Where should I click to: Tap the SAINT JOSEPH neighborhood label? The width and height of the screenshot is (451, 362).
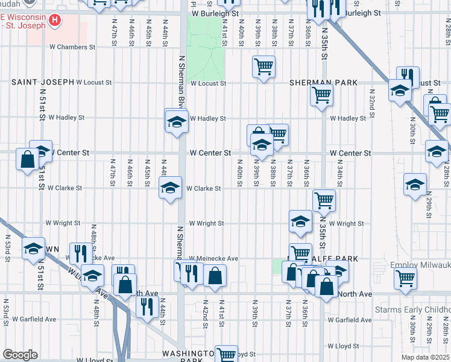pos(42,82)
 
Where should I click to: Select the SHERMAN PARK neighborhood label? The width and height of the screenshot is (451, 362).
pos(323,83)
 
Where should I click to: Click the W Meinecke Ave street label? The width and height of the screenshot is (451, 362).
pos(213,258)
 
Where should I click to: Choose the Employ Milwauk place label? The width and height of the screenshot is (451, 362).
pos(420,265)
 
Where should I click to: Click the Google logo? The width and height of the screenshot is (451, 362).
pos(20,355)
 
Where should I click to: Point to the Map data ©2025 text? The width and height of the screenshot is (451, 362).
pos(426,357)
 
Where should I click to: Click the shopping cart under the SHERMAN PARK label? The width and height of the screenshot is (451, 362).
pos(322,94)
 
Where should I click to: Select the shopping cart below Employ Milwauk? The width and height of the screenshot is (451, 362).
pos(406,278)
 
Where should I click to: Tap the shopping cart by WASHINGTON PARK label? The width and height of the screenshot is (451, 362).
pos(227,354)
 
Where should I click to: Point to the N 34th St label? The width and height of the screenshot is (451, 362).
pos(340,168)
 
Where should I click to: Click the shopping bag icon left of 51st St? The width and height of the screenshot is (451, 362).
pos(28,160)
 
